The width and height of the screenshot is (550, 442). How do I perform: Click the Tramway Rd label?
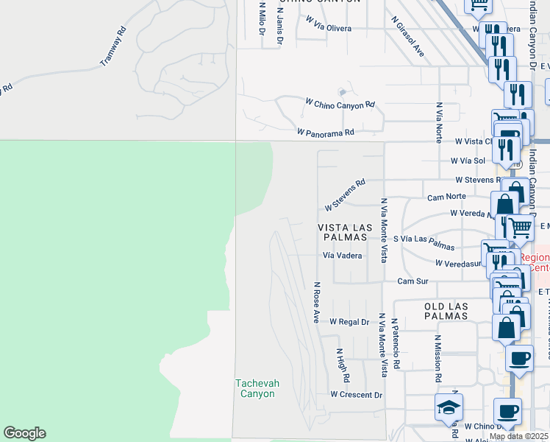(x=113, y=47)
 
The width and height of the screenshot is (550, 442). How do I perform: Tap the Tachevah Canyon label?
(x=256, y=388)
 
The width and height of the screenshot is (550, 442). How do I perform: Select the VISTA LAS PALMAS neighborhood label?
(x=343, y=232)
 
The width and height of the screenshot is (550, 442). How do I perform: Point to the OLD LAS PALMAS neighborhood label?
(x=446, y=311)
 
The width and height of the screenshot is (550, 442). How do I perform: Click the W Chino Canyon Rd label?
(x=340, y=105)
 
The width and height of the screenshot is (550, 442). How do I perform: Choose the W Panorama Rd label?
(x=326, y=133)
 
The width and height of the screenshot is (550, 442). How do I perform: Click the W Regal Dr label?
(x=349, y=322)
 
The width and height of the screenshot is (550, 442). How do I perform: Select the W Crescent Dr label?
(x=357, y=395)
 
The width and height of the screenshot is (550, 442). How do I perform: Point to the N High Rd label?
(x=343, y=365)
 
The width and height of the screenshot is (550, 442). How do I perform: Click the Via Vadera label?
(x=343, y=255)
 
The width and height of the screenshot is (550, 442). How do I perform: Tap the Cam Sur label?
(x=413, y=281)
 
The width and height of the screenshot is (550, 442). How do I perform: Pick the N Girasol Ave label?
(x=408, y=37)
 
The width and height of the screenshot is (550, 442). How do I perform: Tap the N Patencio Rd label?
(x=395, y=344)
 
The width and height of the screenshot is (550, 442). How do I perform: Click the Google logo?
(x=24, y=433)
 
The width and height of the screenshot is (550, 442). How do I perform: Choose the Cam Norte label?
(x=446, y=197)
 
